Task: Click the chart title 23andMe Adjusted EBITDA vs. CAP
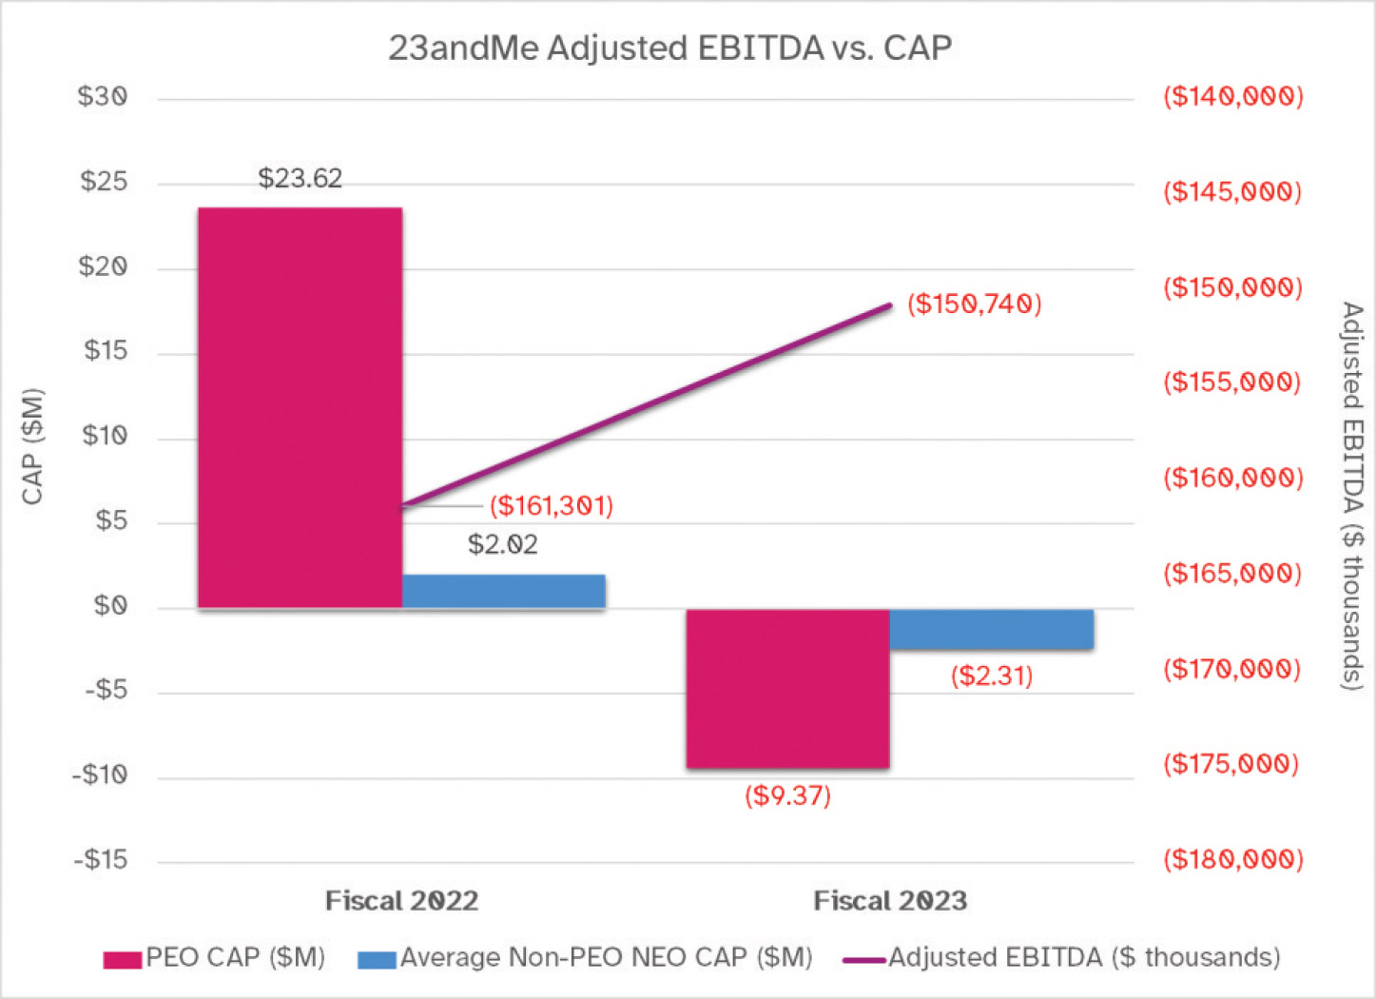click(669, 48)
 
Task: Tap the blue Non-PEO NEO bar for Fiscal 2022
click(503, 591)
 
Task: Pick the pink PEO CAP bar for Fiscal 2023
click(787, 688)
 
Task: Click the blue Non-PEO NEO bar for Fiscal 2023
click(991, 629)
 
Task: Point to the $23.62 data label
click(300, 178)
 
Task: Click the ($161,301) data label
click(552, 505)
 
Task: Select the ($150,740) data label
click(974, 304)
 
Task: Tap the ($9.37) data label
click(787, 795)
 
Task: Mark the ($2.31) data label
click(991, 676)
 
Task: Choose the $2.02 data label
click(503, 544)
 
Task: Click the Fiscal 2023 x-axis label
click(890, 900)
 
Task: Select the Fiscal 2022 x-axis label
click(401, 900)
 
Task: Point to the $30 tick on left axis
click(103, 97)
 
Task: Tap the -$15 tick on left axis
click(101, 860)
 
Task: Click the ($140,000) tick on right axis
click(1232, 96)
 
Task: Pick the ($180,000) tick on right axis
click(1232, 860)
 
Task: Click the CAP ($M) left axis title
click(33, 445)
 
